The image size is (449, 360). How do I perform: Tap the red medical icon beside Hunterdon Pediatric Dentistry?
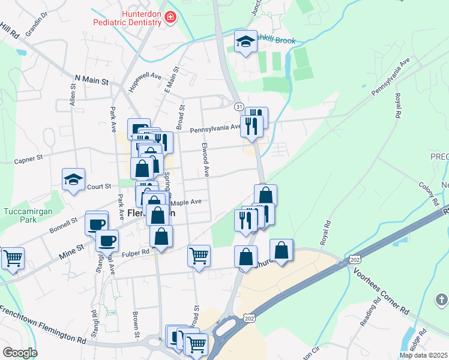pos(170,17)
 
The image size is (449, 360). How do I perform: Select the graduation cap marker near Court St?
pos(74,179)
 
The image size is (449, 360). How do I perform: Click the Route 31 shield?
pos(239,107)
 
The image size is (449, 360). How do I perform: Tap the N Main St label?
pos(91,80)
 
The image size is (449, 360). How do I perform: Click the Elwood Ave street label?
pos(205,159)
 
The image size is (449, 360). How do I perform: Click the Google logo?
pos(19,353)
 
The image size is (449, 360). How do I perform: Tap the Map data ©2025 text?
pos(424,355)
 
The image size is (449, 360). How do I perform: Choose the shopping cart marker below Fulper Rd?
pos(199,256)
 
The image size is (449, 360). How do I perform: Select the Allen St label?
pos(73,95)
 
